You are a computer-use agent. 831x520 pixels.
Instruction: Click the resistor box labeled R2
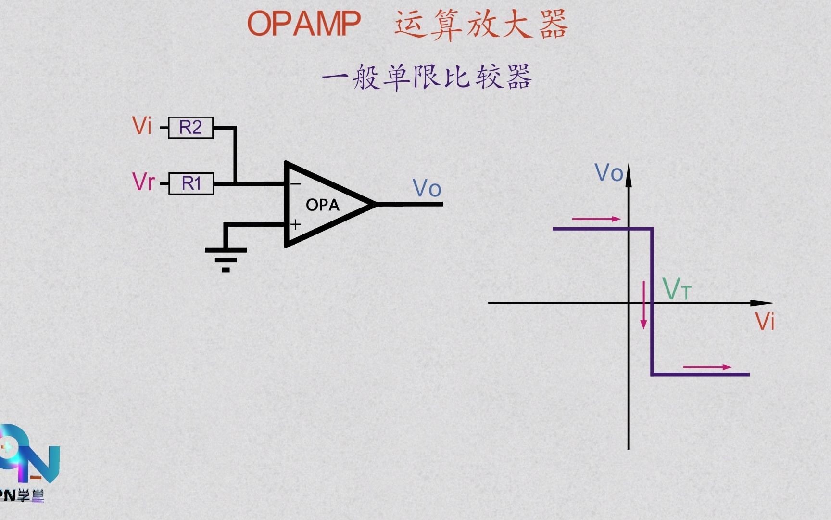190,128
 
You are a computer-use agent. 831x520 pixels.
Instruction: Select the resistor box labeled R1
191,183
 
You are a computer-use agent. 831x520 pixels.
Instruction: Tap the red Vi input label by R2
142,126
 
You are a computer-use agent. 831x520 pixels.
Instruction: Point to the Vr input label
143,182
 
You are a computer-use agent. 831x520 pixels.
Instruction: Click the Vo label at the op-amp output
427,188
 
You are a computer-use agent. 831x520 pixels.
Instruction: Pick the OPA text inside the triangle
323,205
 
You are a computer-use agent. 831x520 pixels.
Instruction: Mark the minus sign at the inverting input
296,184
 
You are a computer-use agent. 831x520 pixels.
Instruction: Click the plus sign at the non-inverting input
296,224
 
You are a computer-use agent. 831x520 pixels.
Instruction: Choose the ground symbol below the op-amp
226,259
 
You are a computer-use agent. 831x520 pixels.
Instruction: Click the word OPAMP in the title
304,23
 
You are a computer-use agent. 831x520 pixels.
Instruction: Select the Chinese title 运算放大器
481,24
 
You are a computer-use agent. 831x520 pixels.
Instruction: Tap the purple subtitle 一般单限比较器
427,77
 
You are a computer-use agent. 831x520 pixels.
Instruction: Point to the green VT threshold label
676,289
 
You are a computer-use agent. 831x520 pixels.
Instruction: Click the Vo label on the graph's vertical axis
609,173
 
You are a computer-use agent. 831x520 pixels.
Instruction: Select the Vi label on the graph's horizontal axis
765,321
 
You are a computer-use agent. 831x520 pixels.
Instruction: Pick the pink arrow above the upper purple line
596,219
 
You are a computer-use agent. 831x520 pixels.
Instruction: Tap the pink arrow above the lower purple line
707,367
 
